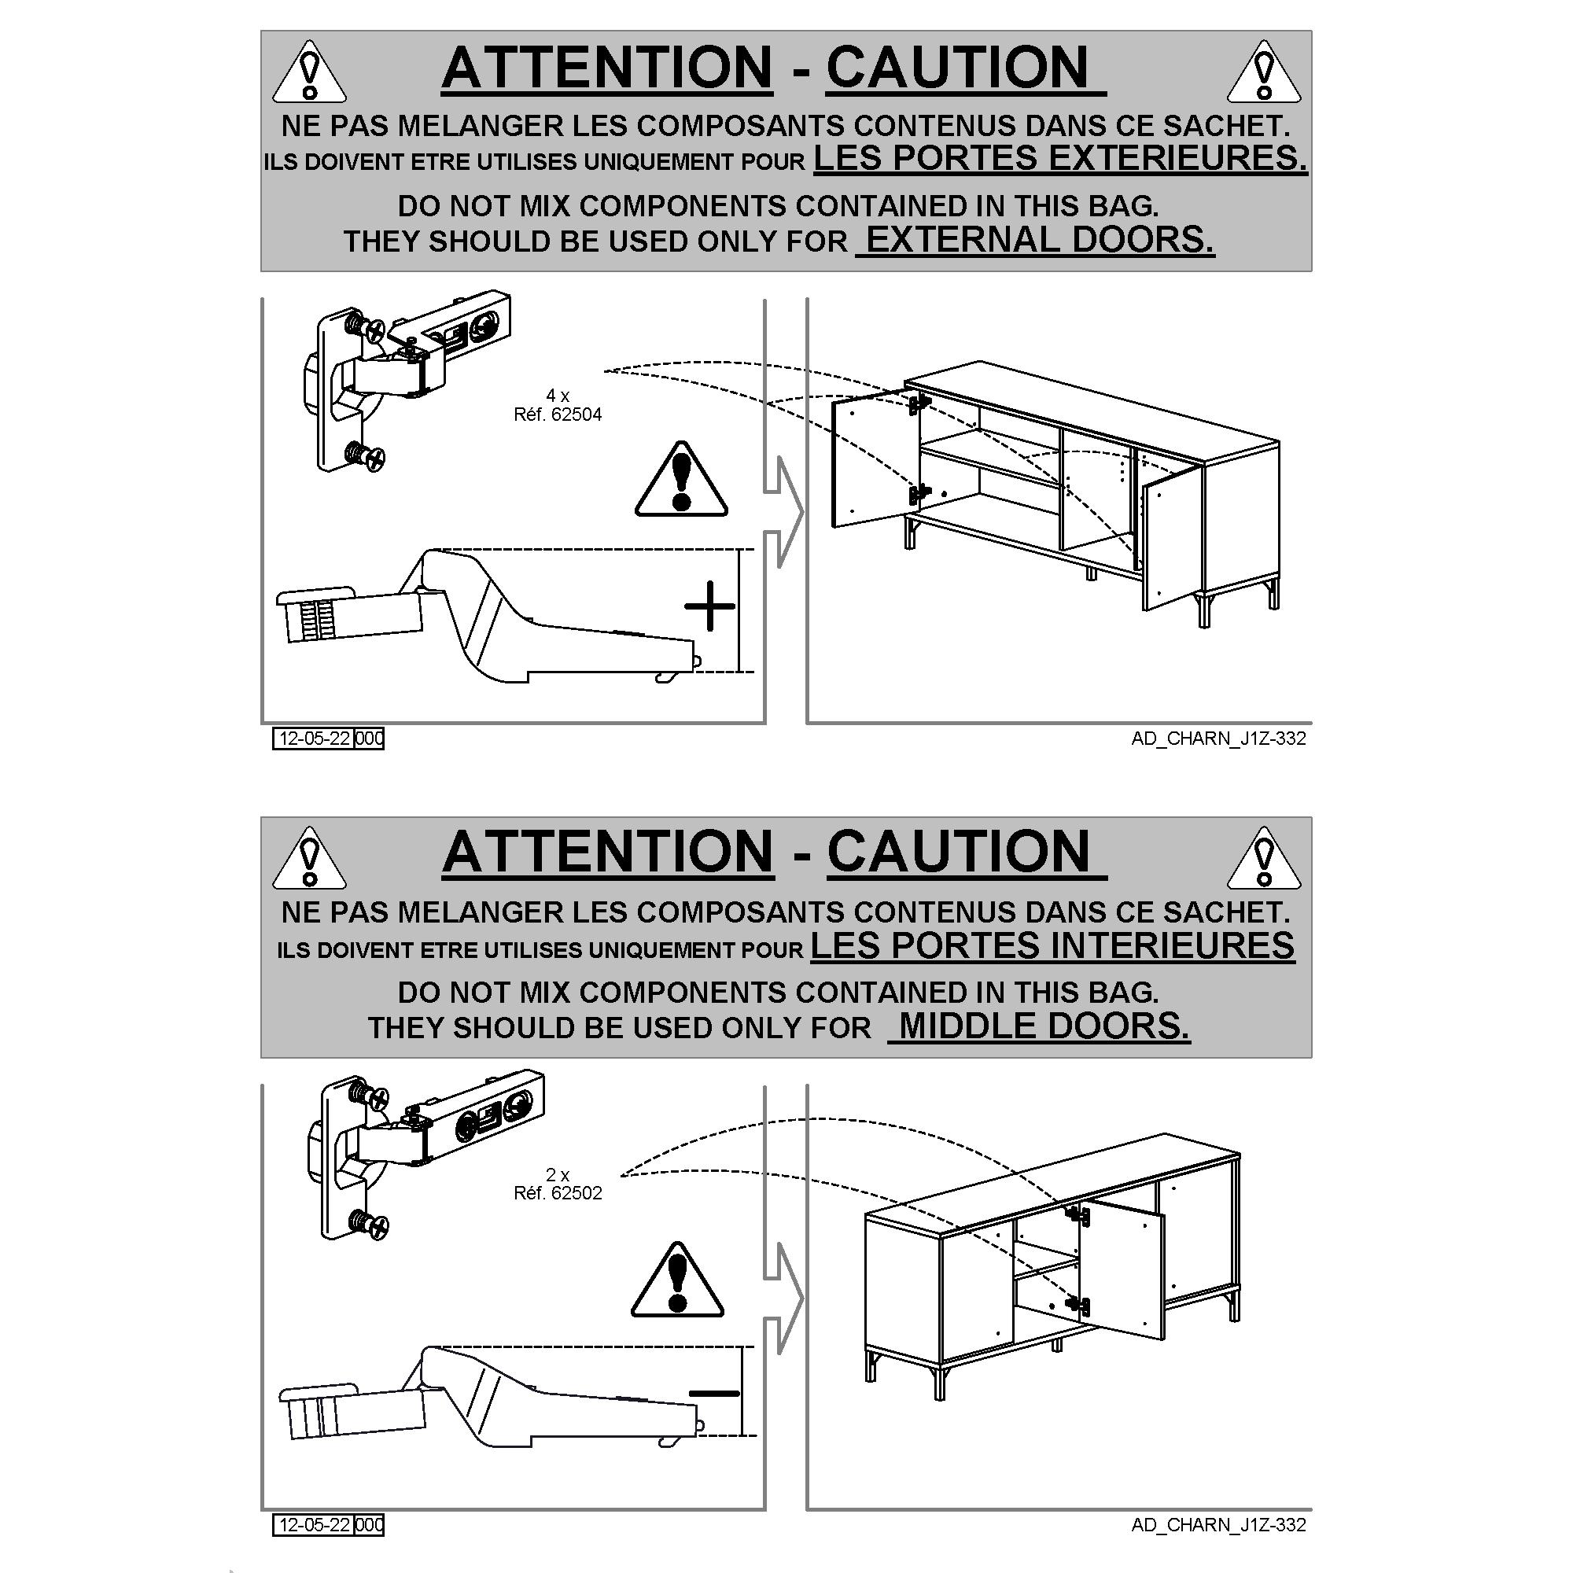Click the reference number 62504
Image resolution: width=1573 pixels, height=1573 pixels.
tap(577, 415)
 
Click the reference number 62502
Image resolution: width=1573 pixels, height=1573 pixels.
tap(577, 1194)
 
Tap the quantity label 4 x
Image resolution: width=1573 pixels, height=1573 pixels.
tap(558, 396)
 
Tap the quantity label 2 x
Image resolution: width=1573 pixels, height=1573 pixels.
tap(558, 1175)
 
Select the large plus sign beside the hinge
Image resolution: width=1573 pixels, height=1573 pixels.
tap(710, 606)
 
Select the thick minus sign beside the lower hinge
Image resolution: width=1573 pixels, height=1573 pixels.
tap(715, 1394)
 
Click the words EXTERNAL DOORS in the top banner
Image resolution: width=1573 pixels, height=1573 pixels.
tap(1040, 240)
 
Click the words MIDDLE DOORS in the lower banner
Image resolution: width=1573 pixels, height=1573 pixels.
tap(1044, 1026)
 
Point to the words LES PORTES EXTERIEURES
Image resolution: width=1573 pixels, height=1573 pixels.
tap(1061, 158)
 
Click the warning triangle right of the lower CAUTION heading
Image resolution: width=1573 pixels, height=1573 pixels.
tap(1264, 857)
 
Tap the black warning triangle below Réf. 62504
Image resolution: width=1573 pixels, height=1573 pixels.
tap(681, 480)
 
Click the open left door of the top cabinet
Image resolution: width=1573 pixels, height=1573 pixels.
tap(875, 459)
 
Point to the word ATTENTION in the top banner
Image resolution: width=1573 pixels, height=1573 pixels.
tap(607, 67)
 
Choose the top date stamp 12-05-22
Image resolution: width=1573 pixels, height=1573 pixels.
tap(315, 739)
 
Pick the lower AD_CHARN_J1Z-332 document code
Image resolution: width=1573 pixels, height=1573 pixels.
tap(1219, 1525)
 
